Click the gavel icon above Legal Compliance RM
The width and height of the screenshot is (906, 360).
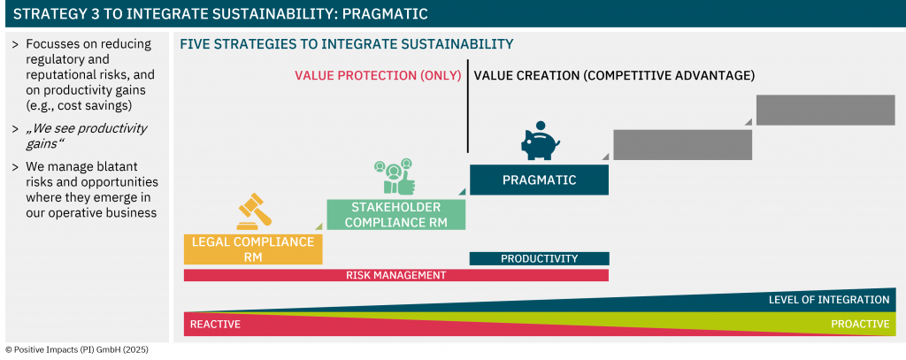coord(254,211)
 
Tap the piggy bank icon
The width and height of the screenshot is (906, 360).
coord(541,141)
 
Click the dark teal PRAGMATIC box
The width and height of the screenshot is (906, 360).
coord(539,180)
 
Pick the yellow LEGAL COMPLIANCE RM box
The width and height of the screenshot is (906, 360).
coord(253,249)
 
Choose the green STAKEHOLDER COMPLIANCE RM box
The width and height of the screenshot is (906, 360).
coord(395,214)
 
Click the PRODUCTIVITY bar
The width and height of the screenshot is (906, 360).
coord(539,258)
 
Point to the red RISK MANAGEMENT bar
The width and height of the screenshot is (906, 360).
coord(395,275)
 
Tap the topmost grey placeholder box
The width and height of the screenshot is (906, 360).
coord(825,110)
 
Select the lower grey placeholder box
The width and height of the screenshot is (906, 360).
coord(682,144)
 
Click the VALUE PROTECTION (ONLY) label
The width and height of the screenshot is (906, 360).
coord(378,76)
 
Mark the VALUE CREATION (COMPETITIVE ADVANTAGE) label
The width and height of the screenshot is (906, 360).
coord(614,76)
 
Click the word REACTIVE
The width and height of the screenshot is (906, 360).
coord(215,324)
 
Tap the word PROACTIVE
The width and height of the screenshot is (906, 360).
coord(860,324)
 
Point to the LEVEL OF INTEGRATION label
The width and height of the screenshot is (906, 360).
coord(828,300)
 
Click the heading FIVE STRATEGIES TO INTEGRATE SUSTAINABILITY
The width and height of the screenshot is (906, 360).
coord(347,44)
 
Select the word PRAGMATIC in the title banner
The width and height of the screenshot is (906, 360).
coord(386,14)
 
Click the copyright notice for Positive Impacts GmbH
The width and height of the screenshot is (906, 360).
coord(77,349)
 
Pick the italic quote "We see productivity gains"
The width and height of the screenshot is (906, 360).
coord(87,136)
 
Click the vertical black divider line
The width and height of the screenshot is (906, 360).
coord(467,106)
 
